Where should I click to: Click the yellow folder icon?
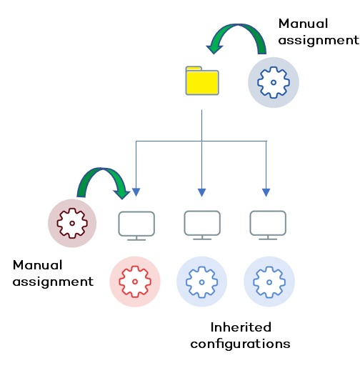pos(201,81)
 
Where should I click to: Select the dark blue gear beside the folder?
pos(273,83)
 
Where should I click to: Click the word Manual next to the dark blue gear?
pos(304,24)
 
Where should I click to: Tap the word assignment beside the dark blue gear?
pos(314,40)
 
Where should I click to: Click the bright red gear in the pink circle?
pos(135,282)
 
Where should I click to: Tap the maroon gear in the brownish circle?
pos(72,222)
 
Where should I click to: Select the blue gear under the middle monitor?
pos(201,282)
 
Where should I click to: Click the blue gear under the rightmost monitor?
pos(269,282)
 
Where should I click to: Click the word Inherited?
pos(241,327)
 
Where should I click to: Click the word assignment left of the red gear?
pos(53,282)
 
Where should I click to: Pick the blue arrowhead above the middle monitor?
pos(201,192)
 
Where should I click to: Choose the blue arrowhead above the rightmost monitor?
pos(266,192)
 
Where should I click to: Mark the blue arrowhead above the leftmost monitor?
pos(136,192)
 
